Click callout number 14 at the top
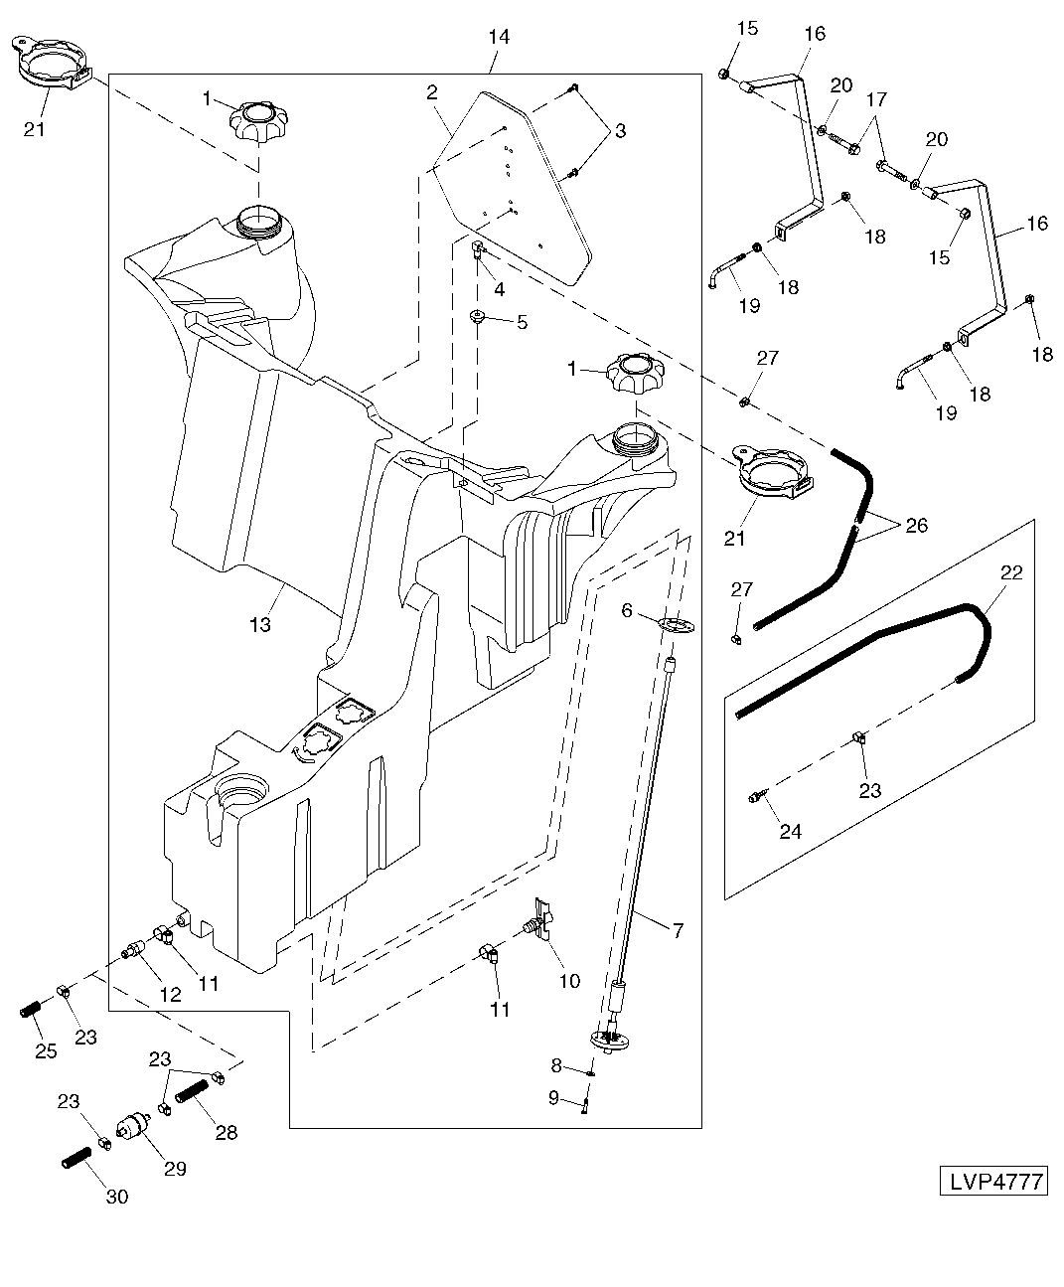(x=499, y=37)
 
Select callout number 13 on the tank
(x=260, y=625)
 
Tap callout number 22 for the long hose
(x=1011, y=572)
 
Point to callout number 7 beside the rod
(x=678, y=931)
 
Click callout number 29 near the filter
(x=175, y=1169)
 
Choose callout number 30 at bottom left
(x=117, y=1198)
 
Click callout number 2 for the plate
(x=432, y=92)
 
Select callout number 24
(x=790, y=832)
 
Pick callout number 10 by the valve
(x=569, y=981)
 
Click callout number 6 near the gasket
(x=627, y=611)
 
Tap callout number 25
(x=47, y=1050)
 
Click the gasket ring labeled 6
(x=675, y=626)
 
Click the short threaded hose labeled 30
(x=75, y=1157)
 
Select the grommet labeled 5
(x=477, y=318)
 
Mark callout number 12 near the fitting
(x=171, y=994)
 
